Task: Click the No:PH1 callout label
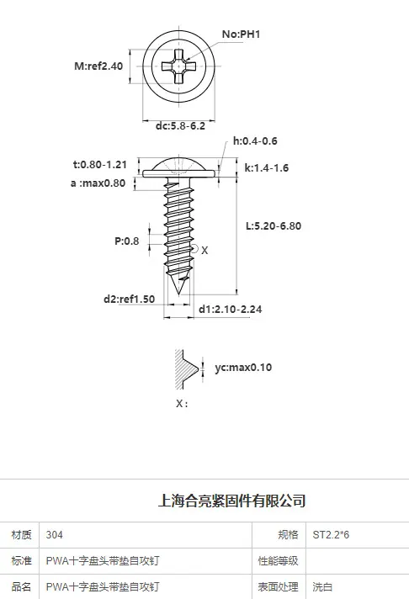pyautogui.click(x=241, y=34)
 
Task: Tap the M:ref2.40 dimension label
pyautogui.click(x=98, y=66)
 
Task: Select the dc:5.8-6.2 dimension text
pyautogui.click(x=180, y=126)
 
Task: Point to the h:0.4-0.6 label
pyautogui.click(x=255, y=141)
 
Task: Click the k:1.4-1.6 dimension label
pyautogui.click(x=267, y=168)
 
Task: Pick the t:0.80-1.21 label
pyautogui.click(x=100, y=165)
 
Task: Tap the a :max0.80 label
pyautogui.click(x=98, y=183)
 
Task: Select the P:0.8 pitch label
pyautogui.click(x=126, y=241)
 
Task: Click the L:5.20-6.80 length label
pyautogui.click(x=274, y=225)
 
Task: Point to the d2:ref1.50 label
pyautogui.click(x=130, y=299)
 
